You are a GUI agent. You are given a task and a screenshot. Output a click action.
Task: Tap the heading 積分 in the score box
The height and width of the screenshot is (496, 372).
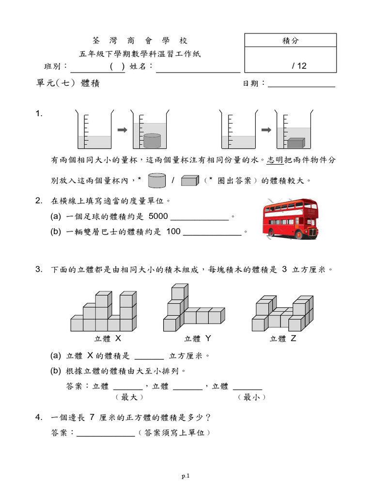pos(291,41)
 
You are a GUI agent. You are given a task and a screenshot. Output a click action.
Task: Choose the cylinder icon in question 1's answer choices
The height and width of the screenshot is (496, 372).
pos(157,181)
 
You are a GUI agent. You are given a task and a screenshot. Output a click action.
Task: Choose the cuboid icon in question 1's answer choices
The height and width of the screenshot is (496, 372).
pos(190,181)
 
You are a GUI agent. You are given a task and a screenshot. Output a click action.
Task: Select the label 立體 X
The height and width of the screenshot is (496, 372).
pos(108,339)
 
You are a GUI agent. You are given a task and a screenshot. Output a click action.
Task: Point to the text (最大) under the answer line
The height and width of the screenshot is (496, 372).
pos(128,397)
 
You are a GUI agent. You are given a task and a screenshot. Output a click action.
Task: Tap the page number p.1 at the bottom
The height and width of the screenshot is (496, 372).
pos(186,476)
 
